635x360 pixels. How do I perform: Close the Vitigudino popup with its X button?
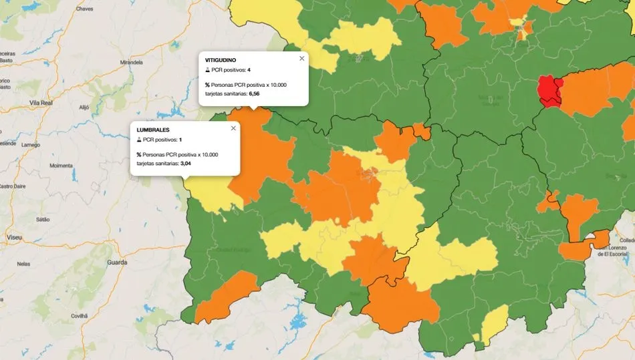click(301, 59)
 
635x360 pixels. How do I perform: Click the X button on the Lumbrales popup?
click(233, 128)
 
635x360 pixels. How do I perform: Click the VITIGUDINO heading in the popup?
click(221, 59)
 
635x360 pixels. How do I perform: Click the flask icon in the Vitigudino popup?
click(207, 69)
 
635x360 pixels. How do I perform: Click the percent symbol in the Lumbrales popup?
click(139, 154)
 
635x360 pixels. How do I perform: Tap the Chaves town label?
click(85, 9)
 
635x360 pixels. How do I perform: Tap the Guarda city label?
click(118, 262)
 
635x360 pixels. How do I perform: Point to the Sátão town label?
click(42, 218)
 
